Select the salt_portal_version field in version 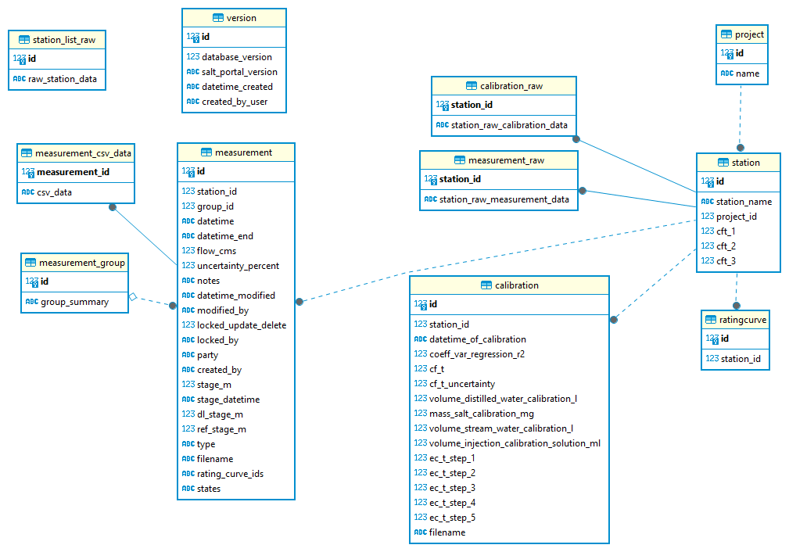[x=239, y=72]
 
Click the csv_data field [x=55, y=192]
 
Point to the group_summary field [x=74, y=302]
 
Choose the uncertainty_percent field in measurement [x=238, y=266]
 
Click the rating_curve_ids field [x=230, y=474]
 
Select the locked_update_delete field [x=242, y=325]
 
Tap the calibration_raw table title [x=511, y=86]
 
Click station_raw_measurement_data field [x=504, y=199]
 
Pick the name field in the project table [x=748, y=73]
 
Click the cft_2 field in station [x=726, y=246]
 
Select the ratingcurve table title [x=743, y=320]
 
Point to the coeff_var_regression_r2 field [x=476, y=354]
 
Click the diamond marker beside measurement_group [x=133, y=297]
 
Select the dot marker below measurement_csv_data [x=113, y=208]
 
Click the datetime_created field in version [x=237, y=87]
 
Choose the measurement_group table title [x=81, y=263]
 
